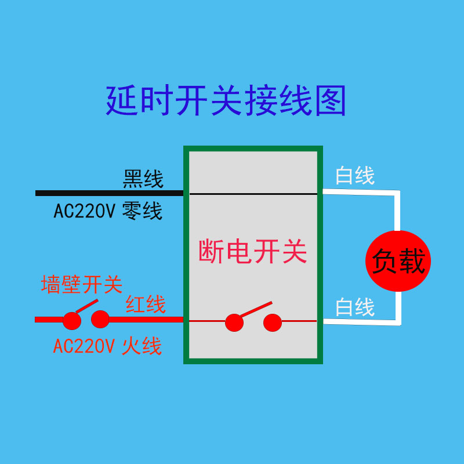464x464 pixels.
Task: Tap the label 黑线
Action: pos(143,179)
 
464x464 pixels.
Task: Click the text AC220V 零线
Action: pos(108,211)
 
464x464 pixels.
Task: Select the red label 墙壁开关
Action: pos(82,284)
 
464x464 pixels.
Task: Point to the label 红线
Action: pos(146,304)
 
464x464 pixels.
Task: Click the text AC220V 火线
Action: pos(107,346)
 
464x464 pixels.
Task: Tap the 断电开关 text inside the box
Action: pos(252,252)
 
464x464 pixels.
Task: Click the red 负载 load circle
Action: pos(398,261)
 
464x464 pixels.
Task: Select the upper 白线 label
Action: pos(355,175)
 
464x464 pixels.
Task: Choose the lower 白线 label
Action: pos(355,307)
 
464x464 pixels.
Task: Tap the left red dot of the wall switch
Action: pos(71,320)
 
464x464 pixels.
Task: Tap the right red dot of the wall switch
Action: pos(100,319)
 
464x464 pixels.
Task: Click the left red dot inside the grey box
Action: pos(234,322)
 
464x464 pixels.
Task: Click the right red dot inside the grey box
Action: pos(272,322)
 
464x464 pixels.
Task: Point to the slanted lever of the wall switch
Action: pos(86,306)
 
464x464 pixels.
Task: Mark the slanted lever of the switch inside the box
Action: pos(255,309)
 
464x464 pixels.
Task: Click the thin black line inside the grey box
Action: pos(253,194)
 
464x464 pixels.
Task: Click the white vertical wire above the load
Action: pos(398,212)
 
